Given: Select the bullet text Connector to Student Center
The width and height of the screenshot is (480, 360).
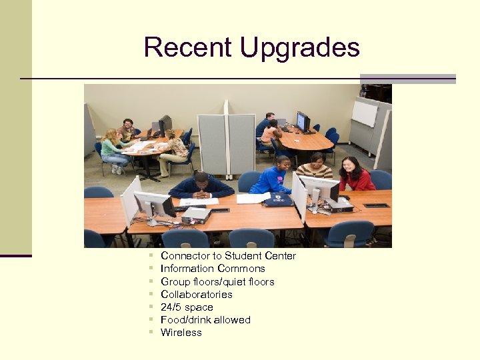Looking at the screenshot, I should point(228,256).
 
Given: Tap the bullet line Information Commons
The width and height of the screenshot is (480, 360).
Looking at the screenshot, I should point(213,269).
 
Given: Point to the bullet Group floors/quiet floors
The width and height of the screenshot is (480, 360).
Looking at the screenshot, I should point(217,281).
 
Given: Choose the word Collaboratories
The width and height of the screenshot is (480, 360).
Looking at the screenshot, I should point(197,294).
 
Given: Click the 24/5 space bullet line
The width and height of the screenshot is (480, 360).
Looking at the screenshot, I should point(187,307).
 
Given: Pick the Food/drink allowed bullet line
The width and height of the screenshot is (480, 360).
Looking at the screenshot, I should point(205,320).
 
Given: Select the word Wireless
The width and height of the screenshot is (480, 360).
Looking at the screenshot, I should point(181,333).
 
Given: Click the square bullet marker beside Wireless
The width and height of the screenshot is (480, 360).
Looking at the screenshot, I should point(151,332).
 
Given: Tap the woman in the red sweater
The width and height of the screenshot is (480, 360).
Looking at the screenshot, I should point(357,175).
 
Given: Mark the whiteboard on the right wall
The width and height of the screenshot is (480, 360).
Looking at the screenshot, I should point(364,113).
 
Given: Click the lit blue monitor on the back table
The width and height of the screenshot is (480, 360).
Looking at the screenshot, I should point(301,121).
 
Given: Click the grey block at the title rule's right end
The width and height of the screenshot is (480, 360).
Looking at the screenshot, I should point(407,79).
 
